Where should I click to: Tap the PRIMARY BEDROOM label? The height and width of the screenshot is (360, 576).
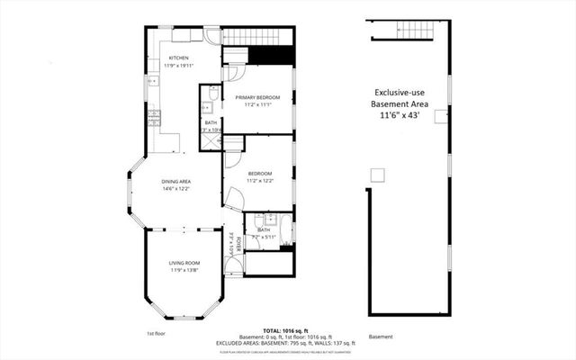(258, 96)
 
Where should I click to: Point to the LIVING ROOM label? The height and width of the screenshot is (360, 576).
(183, 262)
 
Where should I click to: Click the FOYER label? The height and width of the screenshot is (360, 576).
(231, 241)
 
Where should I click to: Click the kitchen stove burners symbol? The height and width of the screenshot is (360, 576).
(155, 116)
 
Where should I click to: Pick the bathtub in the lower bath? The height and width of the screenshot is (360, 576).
(283, 229)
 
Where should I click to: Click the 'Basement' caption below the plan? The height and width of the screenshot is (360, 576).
(381, 337)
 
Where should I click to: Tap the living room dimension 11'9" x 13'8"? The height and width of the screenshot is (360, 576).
(183, 269)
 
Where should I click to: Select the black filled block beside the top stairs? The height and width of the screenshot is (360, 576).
(274, 54)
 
